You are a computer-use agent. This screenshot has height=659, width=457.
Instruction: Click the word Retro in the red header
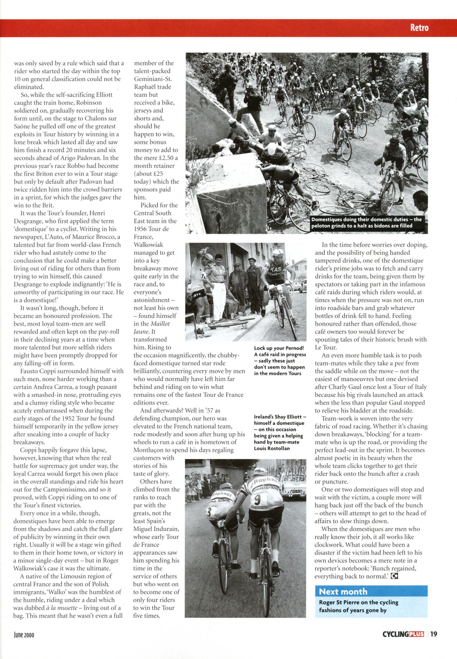(419, 28)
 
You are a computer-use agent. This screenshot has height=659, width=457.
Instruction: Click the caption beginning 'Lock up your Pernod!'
(280, 361)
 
